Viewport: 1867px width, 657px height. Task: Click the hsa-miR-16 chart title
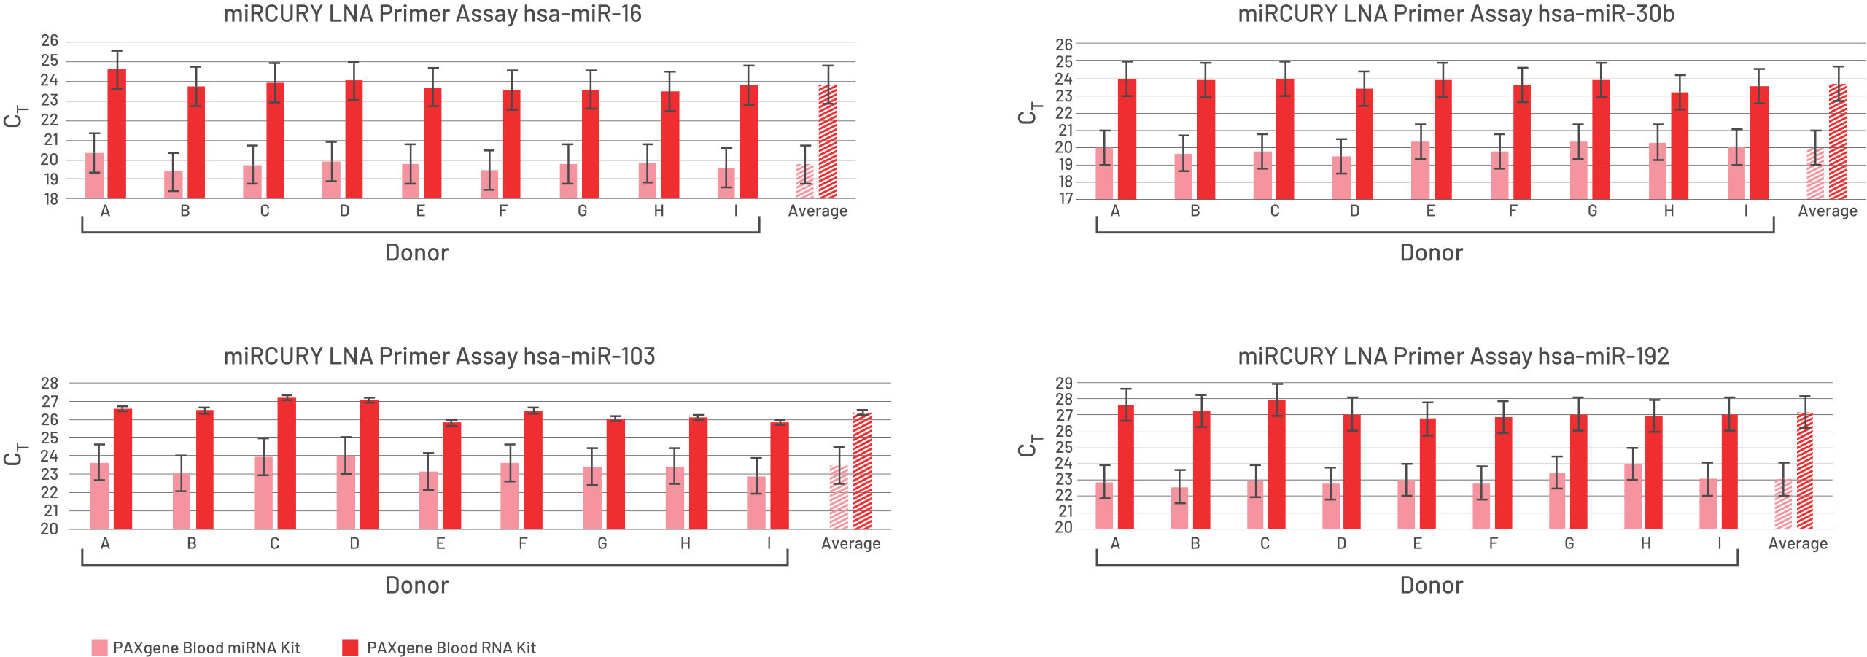[x=432, y=15]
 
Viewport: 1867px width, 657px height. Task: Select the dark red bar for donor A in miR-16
[x=117, y=135]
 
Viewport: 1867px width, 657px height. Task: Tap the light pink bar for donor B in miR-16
[x=174, y=185]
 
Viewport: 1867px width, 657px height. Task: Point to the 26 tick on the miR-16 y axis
[x=50, y=41]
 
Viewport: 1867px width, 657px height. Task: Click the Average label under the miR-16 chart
[x=818, y=211]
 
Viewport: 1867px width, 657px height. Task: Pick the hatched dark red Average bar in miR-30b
[x=1838, y=142]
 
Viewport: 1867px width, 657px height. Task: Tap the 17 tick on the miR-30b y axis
[x=1065, y=198]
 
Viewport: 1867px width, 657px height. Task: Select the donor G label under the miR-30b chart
[x=1592, y=211]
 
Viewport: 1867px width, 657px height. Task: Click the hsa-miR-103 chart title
[x=439, y=357]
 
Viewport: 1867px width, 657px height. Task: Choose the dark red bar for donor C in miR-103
[x=287, y=464]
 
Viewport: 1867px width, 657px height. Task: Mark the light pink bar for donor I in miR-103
[x=756, y=503]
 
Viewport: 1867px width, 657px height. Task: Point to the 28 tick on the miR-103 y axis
[x=50, y=384]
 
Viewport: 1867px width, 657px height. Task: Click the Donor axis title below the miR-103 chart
[x=416, y=586]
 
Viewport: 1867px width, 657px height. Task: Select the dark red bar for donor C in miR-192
[x=1277, y=464]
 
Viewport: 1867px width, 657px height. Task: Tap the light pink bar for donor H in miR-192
[x=1633, y=497]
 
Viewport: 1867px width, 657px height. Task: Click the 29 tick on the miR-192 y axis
[x=1064, y=384]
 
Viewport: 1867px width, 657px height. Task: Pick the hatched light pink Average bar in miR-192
[x=1783, y=505]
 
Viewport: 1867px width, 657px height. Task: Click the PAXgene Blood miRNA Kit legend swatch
[x=99, y=648]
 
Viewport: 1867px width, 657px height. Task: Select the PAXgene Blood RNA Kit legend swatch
[x=350, y=648]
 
